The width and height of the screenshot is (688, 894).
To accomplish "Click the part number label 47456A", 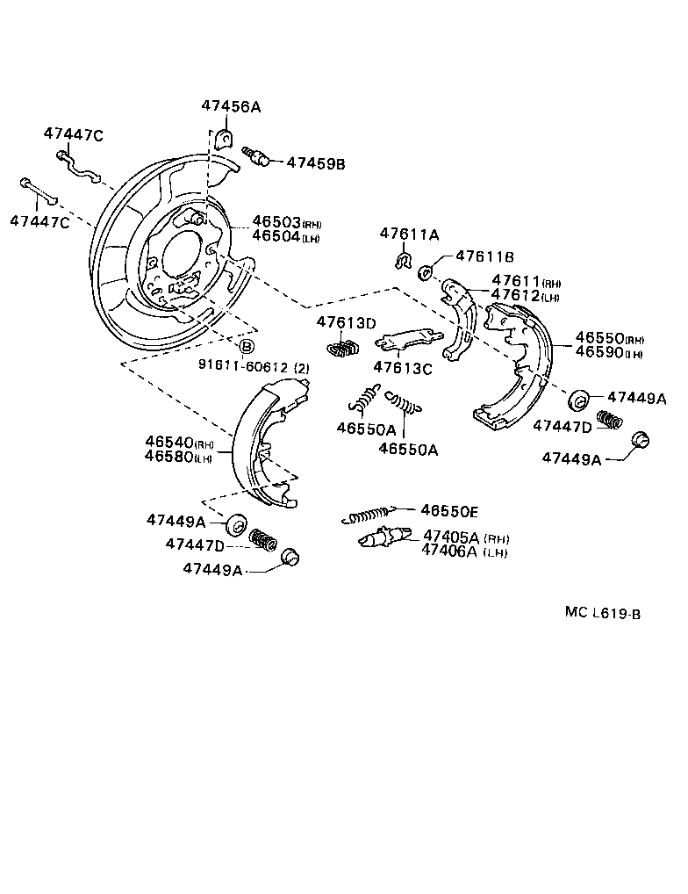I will pyautogui.click(x=231, y=106).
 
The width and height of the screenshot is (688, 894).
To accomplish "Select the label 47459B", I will pyautogui.click(x=316, y=163).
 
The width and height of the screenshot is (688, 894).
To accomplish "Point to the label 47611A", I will pyautogui.click(x=409, y=234).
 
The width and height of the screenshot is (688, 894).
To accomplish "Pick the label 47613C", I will pyautogui.click(x=403, y=368).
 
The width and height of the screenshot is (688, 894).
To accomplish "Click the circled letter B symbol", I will pyautogui.click(x=247, y=347).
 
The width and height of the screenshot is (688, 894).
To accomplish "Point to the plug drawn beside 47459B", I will pyautogui.click(x=258, y=158).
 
